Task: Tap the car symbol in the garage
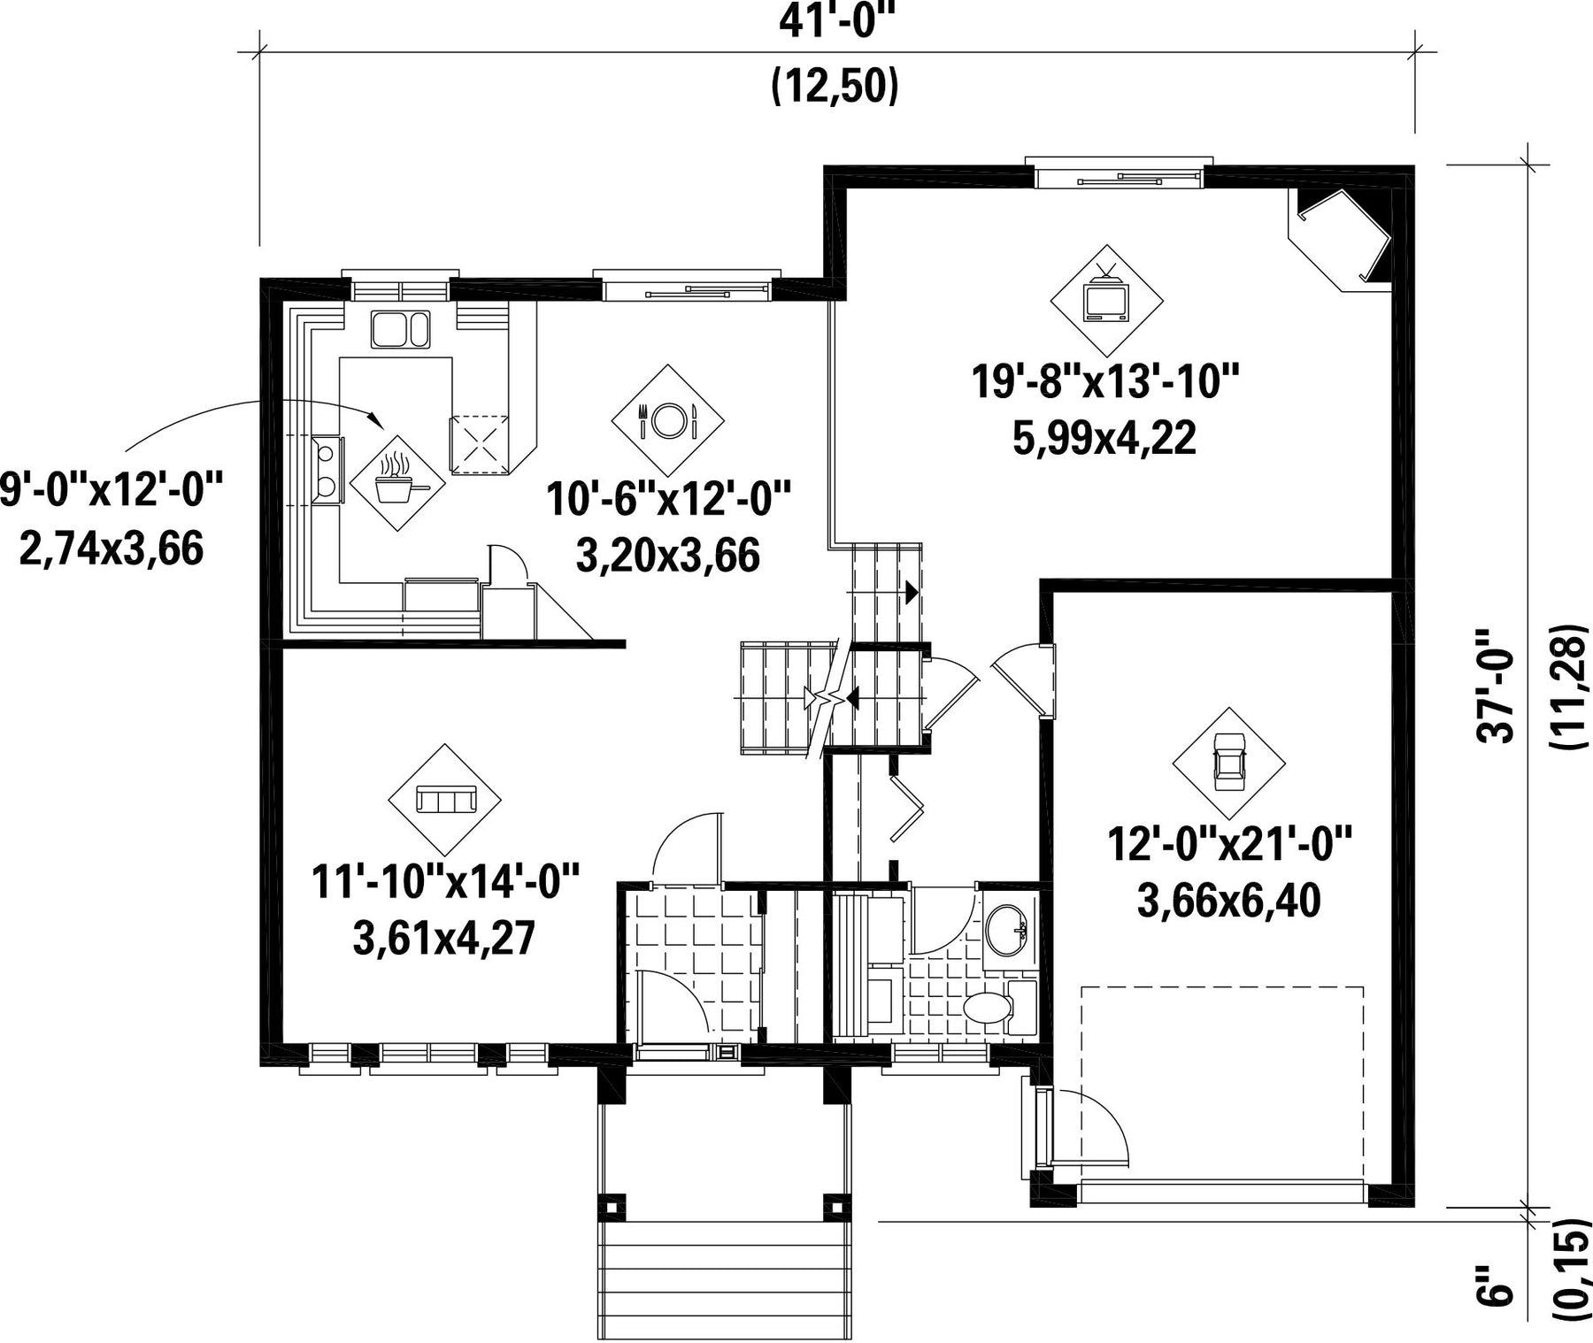click(x=1228, y=762)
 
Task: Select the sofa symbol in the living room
click(x=445, y=800)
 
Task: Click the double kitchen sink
click(x=400, y=328)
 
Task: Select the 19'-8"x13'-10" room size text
click(x=1104, y=383)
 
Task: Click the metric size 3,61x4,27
click(x=444, y=938)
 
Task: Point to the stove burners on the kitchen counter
click(x=327, y=470)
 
